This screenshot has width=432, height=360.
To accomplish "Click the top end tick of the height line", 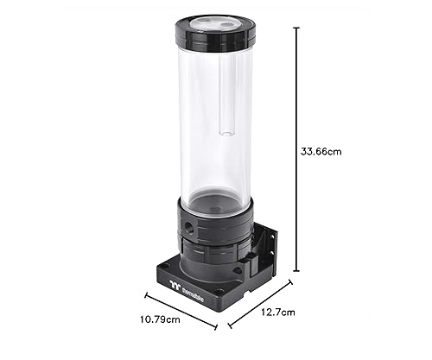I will point(297,27).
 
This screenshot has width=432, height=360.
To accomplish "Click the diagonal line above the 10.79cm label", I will point(180,310).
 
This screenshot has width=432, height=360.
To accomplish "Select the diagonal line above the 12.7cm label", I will point(259,304).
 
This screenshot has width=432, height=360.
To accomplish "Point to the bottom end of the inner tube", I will point(226,133).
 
